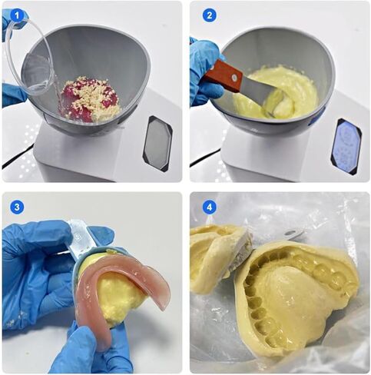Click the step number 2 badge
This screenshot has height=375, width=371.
pyautogui.click(x=209, y=15)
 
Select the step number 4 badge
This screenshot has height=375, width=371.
pyautogui.click(x=209, y=207)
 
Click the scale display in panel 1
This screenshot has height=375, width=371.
pyautogui.click(x=157, y=143)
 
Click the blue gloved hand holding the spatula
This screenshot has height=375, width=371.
pyautogui.click(x=204, y=73)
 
